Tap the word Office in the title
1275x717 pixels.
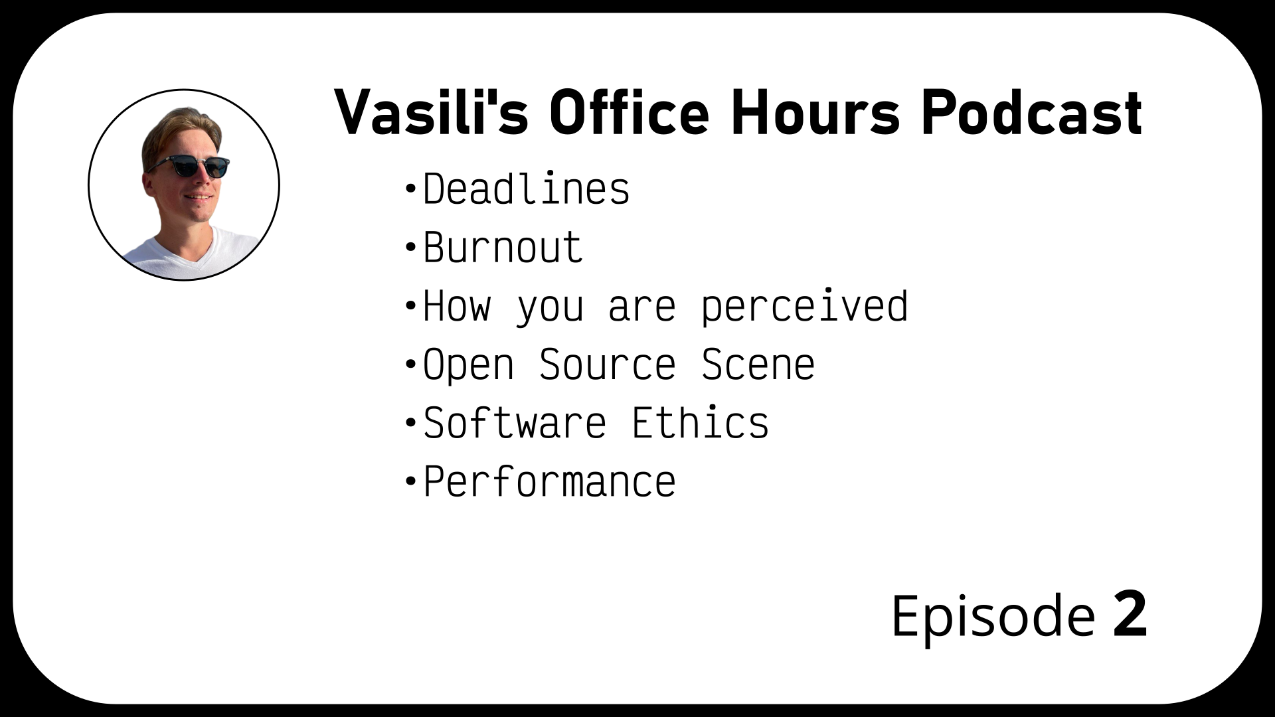(629, 112)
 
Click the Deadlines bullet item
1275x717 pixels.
(526, 189)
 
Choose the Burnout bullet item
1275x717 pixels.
(503, 248)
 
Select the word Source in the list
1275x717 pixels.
(607, 364)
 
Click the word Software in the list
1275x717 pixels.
(515, 423)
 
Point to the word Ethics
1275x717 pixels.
(700, 423)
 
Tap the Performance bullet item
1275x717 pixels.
(549, 481)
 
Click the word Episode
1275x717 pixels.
(992, 617)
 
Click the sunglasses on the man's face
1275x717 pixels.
(189, 166)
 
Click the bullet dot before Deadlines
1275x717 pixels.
(410, 189)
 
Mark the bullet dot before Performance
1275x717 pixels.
(410, 481)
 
